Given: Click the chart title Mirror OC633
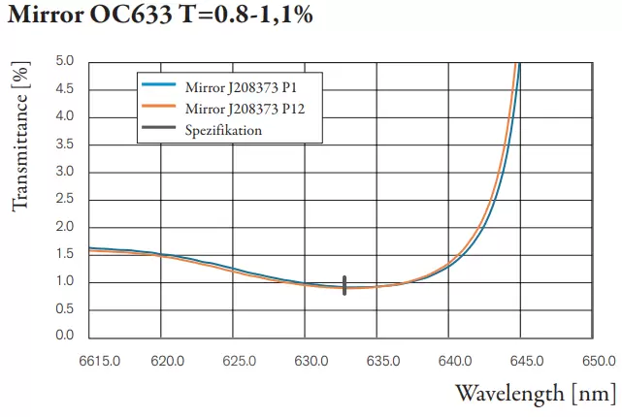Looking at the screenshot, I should tap(160, 17).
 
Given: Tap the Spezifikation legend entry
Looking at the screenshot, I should tap(223, 130).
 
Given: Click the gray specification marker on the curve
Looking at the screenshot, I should tap(344, 284).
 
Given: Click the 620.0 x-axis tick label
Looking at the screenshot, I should tap(168, 361).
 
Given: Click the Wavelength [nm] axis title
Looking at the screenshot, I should tap(535, 393).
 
